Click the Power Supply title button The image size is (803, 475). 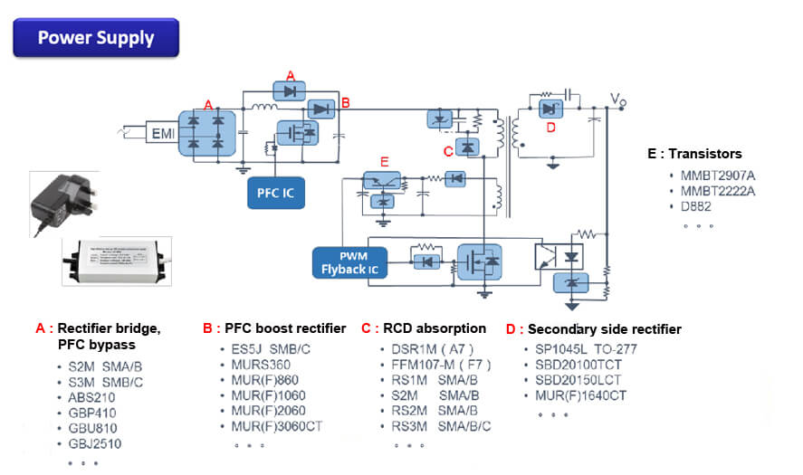coord(95,38)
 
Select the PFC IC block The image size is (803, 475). coord(276,192)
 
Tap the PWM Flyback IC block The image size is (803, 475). coord(349,262)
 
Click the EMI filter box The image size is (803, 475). coord(163,134)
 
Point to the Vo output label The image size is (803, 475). coord(617,99)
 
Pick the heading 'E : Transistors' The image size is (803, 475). coord(694,154)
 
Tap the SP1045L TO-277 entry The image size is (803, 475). coord(581,349)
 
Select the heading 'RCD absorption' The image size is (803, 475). coord(431,328)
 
